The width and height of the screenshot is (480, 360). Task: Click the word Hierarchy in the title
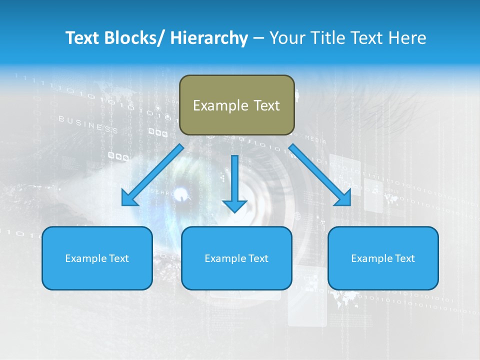click(x=209, y=38)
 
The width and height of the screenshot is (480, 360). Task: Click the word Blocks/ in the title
click(x=130, y=38)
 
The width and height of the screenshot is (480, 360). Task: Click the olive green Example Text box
click(x=236, y=105)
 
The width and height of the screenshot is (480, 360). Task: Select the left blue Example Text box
click(x=97, y=258)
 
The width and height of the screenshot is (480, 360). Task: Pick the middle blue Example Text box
click(x=236, y=258)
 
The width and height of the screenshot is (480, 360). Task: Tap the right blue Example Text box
click(x=383, y=258)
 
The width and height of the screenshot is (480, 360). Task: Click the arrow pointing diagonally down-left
click(x=152, y=175)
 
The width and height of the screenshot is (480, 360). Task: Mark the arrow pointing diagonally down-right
click(x=320, y=175)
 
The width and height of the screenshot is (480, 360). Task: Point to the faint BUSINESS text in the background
click(x=88, y=124)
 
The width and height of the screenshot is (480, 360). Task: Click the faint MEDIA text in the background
click(x=315, y=139)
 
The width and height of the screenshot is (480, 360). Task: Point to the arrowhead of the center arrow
click(x=234, y=205)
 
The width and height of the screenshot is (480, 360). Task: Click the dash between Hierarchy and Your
click(x=259, y=38)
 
